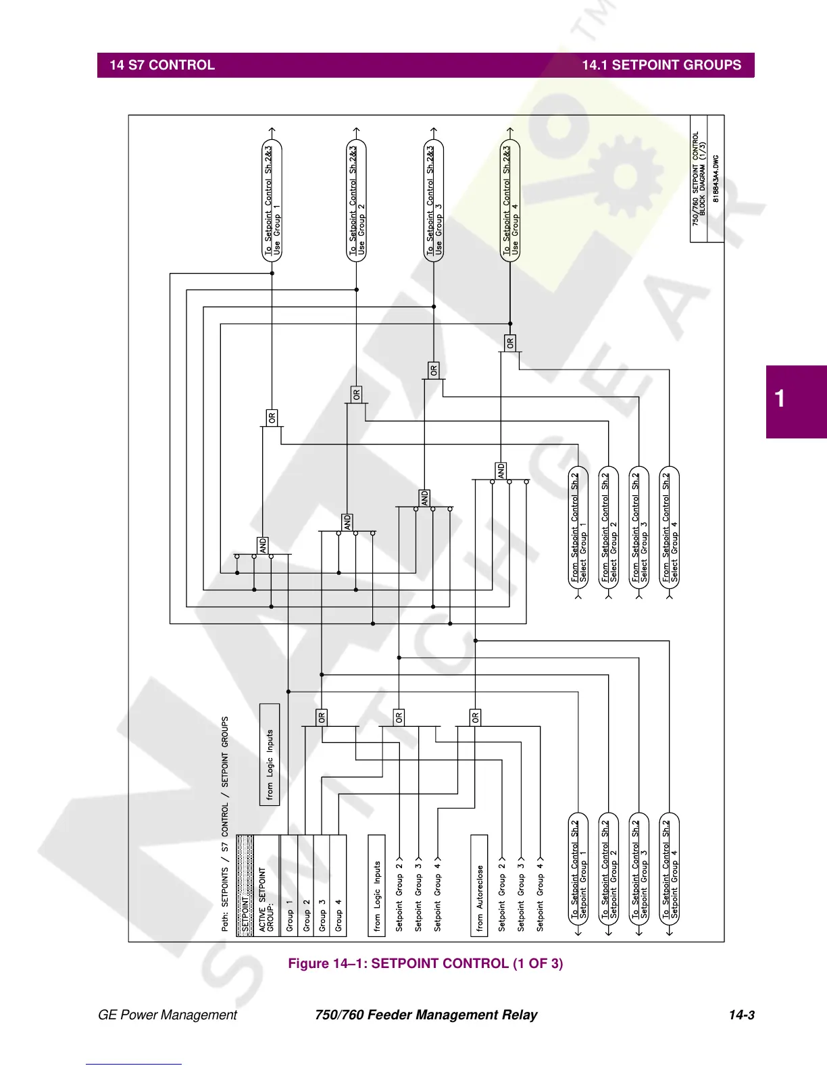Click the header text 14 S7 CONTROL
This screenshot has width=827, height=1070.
162,66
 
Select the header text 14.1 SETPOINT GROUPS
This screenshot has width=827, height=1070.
661,66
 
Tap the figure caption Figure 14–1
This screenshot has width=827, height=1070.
425,963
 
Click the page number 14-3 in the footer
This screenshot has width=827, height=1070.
741,1015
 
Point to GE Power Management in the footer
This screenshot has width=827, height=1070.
168,1015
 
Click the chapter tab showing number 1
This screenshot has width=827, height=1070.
780,399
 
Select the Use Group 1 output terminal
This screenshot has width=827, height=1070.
272,201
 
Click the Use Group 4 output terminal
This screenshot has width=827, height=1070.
511,201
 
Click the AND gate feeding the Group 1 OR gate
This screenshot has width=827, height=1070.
263,545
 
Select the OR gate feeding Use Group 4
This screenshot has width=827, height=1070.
510,342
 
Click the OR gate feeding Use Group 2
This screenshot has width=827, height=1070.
357,394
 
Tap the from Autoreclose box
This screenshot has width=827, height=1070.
479,885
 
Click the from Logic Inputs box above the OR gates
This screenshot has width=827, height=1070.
270,755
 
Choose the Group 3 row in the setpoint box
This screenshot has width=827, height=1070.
322,885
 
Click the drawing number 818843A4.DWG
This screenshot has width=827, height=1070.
716,179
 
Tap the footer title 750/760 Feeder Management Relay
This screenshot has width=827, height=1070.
426,1015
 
